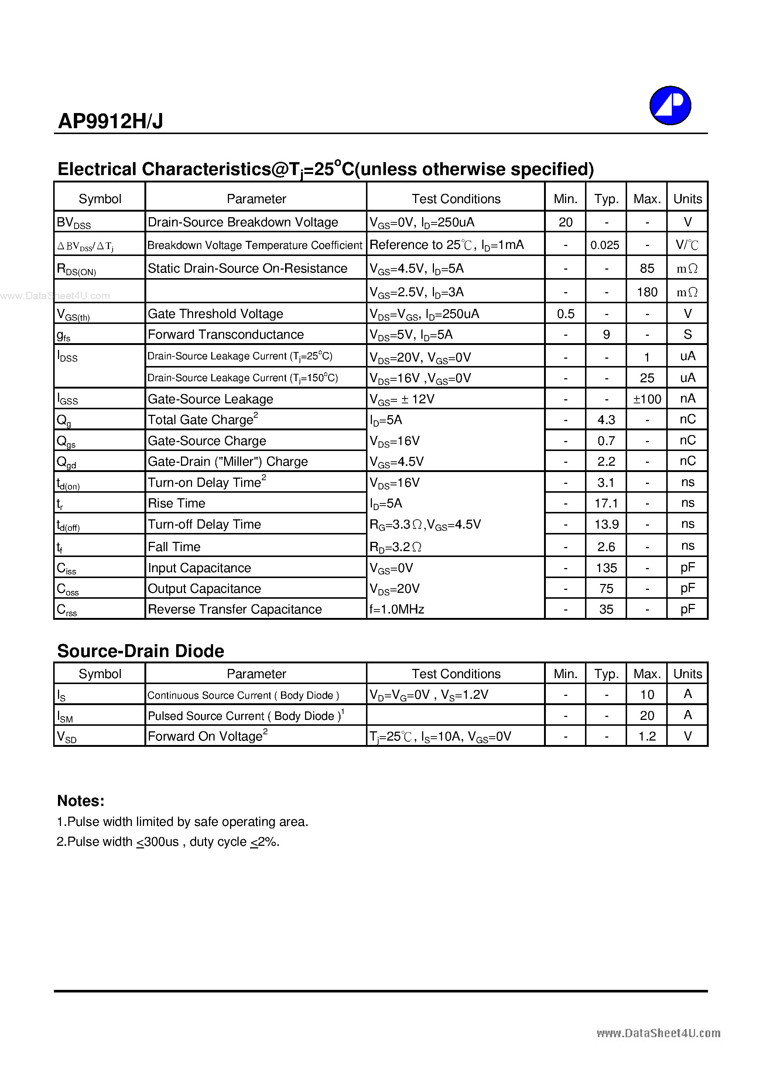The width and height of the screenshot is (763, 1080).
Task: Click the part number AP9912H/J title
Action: pyautogui.click(x=110, y=122)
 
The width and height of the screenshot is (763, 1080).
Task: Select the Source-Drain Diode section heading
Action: pyautogui.click(x=141, y=651)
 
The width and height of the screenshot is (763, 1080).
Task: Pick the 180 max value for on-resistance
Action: pyautogui.click(x=647, y=292)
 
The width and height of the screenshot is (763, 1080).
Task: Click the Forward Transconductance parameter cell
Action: pyautogui.click(x=226, y=334)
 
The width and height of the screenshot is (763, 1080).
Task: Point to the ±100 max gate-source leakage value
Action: pyautogui.click(x=647, y=399)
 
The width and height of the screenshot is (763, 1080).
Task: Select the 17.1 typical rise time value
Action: pyautogui.click(x=606, y=503)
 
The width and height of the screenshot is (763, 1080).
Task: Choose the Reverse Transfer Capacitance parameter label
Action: pyautogui.click(x=235, y=609)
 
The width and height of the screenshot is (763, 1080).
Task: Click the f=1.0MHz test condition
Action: pyautogui.click(x=397, y=609)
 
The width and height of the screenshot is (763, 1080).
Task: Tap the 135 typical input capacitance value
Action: pyautogui.click(x=606, y=568)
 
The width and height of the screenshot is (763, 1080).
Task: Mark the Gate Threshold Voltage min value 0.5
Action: pyautogui.click(x=565, y=314)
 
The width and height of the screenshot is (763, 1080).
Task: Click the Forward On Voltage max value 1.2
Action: pyautogui.click(x=647, y=736)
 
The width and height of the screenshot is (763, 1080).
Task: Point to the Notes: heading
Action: pyautogui.click(x=81, y=801)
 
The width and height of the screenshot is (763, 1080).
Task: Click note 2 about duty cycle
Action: pyautogui.click(x=168, y=841)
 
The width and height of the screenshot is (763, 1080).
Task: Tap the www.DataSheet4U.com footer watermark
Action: pyautogui.click(x=658, y=1033)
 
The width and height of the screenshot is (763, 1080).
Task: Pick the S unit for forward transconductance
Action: pyautogui.click(x=687, y=334)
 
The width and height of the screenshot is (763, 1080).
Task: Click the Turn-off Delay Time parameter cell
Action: pyautogui.click(x=204, y=524)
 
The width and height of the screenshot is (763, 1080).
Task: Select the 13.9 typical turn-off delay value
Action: pyautogui.click(x=606, y=524)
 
